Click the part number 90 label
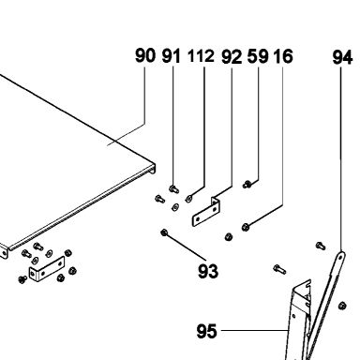[145, 55]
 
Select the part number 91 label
[172, 56]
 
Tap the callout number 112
[201, 56]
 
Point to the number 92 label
[232, 57]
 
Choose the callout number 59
[258, 56]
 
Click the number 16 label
[283, 56]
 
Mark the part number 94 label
[342, 57]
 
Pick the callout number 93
[208, 271]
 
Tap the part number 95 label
[206, 331]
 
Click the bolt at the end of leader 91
[173, 188]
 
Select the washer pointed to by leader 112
[188, 199]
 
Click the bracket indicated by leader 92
[205, 212]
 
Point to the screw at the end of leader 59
[247, 185]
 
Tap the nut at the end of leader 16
[246, 227]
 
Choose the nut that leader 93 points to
[164, 232]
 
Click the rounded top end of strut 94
[340, 256]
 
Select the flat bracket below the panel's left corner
[47, 269]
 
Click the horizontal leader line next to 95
[254, 330]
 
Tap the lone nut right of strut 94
[342, 306]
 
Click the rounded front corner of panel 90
[153, 168]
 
